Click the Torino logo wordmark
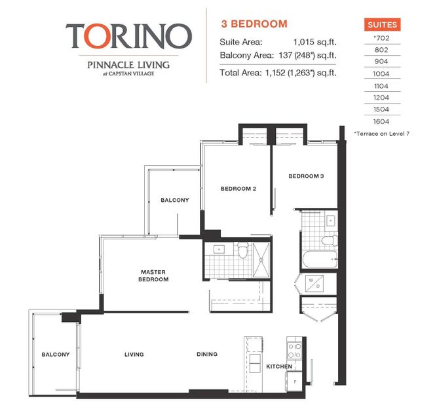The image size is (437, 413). [128, 36]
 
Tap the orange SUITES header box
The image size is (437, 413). [381, 25]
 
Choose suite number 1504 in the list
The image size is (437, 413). [381, 110]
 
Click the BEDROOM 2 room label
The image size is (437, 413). [237, 189]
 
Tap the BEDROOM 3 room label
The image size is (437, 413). [306, 176]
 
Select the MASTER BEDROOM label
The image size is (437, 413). [155, 275]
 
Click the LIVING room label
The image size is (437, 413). [134, 355]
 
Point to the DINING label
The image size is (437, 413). [207, 355]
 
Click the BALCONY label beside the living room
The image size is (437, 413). [55, 355]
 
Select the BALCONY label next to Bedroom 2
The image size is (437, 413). [175, 200]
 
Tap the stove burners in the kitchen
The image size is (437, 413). [294, 349]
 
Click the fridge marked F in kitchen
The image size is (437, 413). [296, 381]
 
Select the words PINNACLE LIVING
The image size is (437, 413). [128, 64]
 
